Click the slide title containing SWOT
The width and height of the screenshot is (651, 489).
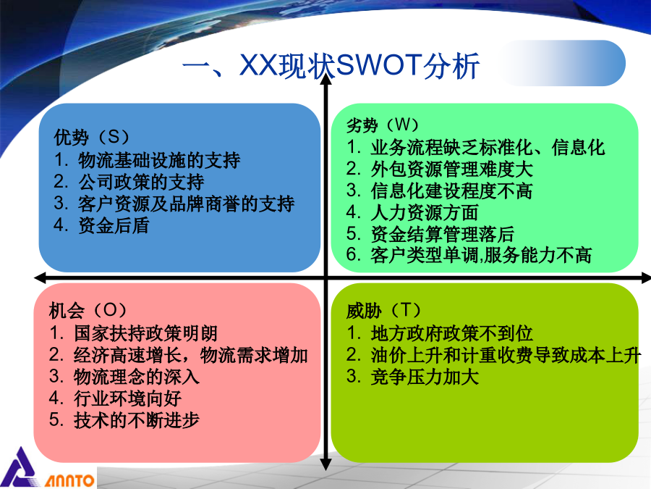pos(331,66)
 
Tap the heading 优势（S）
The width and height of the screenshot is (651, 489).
pos(92,137)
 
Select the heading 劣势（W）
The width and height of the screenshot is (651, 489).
pos(383,125)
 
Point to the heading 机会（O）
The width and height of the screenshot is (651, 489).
pos(88,310)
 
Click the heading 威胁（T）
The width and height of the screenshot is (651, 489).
pos(383,310)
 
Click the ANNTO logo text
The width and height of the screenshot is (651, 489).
pos(69,481)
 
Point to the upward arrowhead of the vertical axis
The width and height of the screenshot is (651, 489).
pos(326,79)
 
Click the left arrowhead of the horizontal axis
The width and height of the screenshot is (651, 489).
pos(41,277)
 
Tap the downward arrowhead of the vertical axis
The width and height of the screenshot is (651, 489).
pos(326,464)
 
